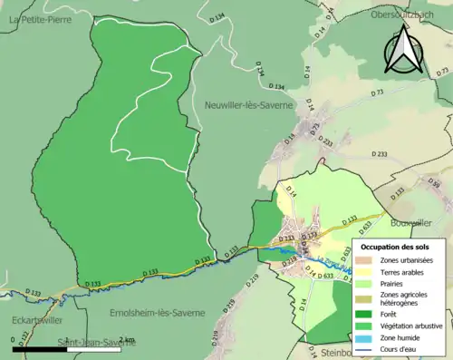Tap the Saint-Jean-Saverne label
(x=89, y=342)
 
